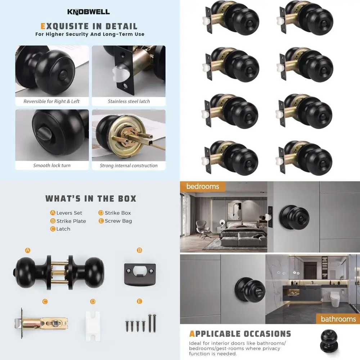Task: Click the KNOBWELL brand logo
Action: click(89, 12)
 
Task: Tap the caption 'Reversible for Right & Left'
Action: click(51, 102)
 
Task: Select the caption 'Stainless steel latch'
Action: click(129, 102)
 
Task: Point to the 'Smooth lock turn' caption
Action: click(52, 166)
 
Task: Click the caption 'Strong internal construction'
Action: click(129, 166)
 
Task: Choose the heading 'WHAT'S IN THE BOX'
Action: click(91, 198)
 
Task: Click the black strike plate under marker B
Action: click(140, 274)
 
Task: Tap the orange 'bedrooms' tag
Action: click(202, 186)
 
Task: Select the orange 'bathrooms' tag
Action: click(338, 319)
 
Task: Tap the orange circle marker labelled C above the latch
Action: click(45, 301)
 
